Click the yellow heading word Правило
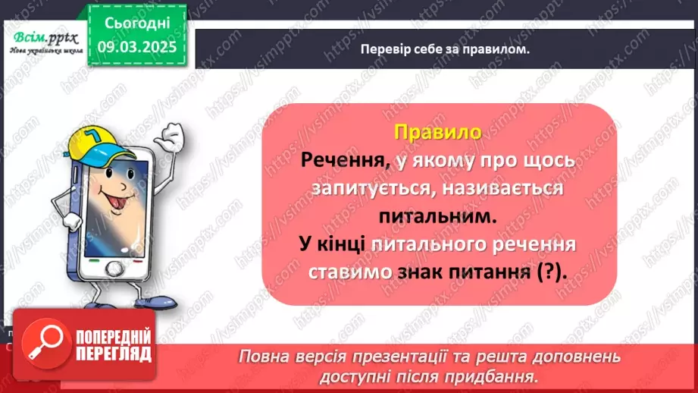(438, 132)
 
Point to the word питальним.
(437, 217)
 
